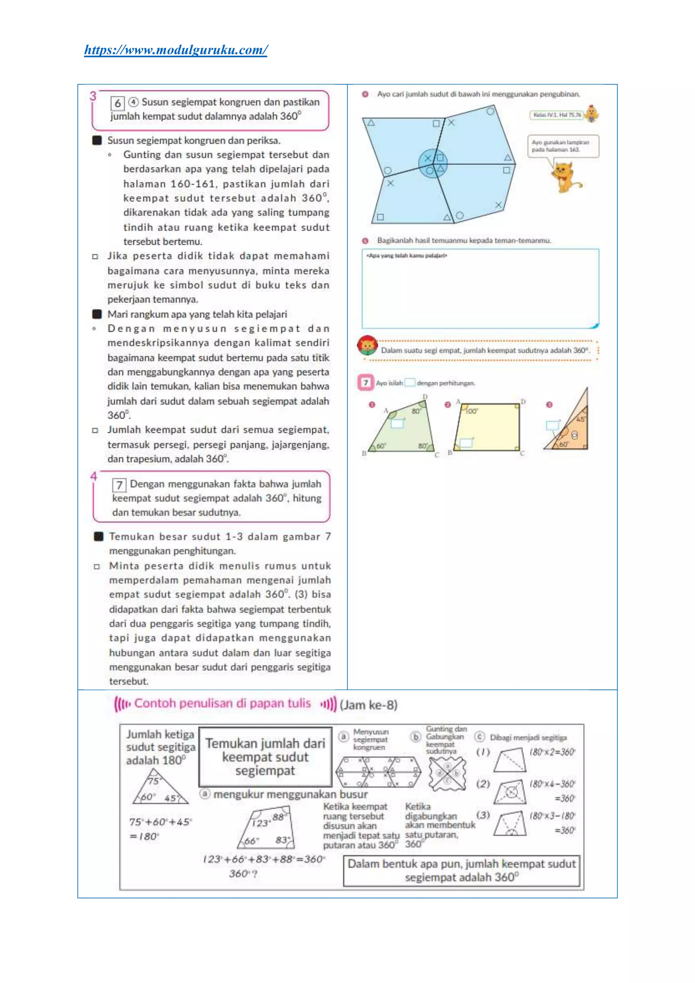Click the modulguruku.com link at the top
click(176, 50)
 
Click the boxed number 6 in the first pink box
click(117, 103)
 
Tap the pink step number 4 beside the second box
click(94, 476)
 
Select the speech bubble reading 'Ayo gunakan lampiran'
click(562, 146)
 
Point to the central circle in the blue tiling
click(433, 163)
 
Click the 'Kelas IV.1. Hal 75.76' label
click(557, 115)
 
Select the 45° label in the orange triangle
click(580, 420)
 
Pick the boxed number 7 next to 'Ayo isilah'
click(365, 383)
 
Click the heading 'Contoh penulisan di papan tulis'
click(223, 703)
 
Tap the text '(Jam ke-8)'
click(369, 705)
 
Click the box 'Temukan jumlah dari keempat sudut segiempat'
click(265, 757)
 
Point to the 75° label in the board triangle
click(153, 781)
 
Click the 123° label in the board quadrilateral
click(261, 823)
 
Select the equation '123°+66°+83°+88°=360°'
click(264, 859)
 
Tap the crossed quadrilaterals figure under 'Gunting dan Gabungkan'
click(447, 774)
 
